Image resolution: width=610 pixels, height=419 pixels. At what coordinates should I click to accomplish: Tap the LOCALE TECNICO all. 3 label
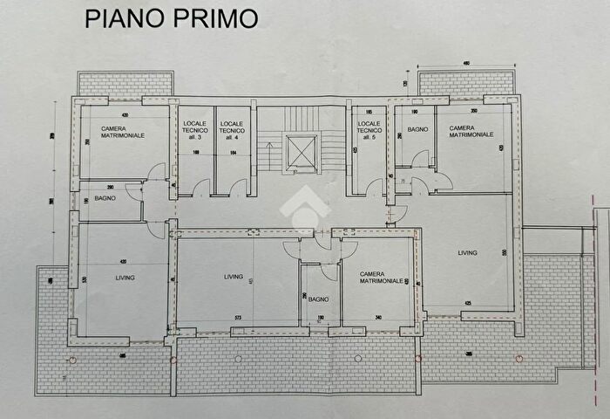click(x=195, y=131)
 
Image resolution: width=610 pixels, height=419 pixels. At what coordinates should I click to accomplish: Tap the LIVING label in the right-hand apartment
click(x=469, y=254)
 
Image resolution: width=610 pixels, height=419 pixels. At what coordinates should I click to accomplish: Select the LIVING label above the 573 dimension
click(x=234, y=277)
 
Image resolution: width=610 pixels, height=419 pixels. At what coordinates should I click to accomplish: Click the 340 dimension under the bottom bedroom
click(x=379, y=319)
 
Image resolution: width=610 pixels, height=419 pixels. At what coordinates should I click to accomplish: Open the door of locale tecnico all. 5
click(x=376, y=186)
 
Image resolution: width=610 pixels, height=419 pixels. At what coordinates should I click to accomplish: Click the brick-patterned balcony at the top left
click(x=122, y=85)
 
